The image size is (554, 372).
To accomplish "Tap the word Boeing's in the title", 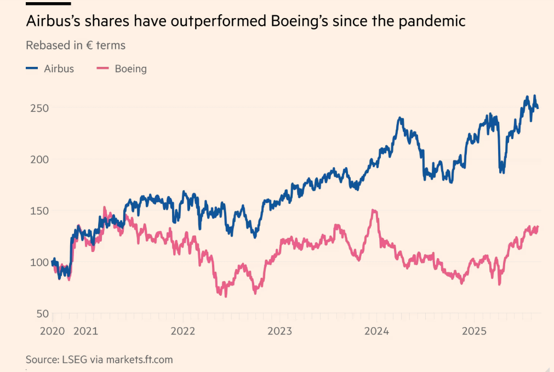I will (299, 22).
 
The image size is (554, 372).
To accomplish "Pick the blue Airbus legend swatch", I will (32, 68).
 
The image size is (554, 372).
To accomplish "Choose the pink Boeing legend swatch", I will (102, 68).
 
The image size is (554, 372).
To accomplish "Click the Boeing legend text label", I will (130, 68).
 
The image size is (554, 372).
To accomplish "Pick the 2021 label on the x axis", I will (85, 331).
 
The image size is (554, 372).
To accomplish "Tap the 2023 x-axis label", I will (279, 331).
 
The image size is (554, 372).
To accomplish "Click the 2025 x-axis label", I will (473, 331).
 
